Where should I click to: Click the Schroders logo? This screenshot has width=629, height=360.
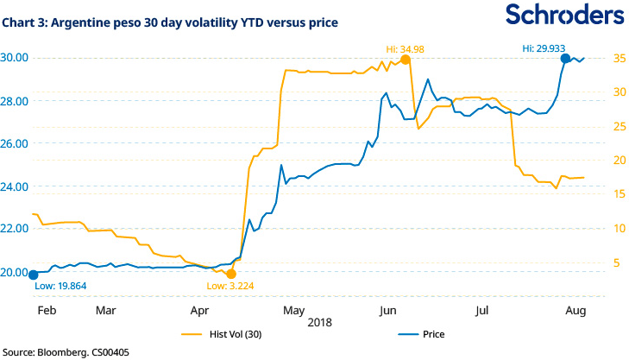click(x=564, y=16)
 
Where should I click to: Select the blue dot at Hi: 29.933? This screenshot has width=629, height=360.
click(x=566, y=59)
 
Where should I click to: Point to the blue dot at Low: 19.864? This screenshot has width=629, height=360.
click(x=33, y=275)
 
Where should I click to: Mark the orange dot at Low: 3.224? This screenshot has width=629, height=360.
click(x=230, y=274)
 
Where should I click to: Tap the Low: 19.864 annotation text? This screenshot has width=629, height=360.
click(x=60, y=285)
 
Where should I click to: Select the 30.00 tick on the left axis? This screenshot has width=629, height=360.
click(x=16, y=58)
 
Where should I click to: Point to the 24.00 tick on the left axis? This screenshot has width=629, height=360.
click(x=16, y=186)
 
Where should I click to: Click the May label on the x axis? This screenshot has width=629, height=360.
click(x=293, y=309)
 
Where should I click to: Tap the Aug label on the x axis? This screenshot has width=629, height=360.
click(x=576, y=309)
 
